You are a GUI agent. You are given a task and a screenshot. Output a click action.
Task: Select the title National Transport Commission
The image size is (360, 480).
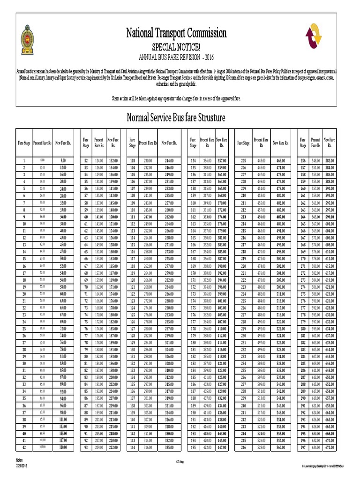pos(176,33)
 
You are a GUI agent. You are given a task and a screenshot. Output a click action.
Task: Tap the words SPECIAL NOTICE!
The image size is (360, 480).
pos(176,47)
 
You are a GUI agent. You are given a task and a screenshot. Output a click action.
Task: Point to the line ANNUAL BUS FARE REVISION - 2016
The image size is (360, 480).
pos(176,57)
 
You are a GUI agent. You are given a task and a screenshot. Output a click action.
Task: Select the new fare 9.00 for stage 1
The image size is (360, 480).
pos(63,161)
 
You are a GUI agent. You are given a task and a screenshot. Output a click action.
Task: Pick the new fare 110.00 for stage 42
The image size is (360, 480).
pos(63,448)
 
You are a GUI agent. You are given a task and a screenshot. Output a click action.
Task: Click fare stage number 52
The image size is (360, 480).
pos(86,161)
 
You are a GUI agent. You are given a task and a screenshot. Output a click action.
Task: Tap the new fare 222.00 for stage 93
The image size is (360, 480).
pos(113,448)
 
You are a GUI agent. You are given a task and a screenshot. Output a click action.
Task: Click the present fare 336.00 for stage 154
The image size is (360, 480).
pos(207,161)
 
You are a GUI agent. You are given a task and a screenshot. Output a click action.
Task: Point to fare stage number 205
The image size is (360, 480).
pos(243,161)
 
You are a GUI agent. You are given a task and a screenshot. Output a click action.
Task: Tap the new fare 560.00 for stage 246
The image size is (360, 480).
pos(280,448)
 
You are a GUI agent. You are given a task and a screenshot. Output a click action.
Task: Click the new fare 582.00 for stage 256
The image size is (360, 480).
pos(329,161)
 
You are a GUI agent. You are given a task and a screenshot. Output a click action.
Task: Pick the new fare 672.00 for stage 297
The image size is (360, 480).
pos(329,448)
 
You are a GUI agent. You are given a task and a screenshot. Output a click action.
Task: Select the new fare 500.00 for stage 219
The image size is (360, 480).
pos(280,259)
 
